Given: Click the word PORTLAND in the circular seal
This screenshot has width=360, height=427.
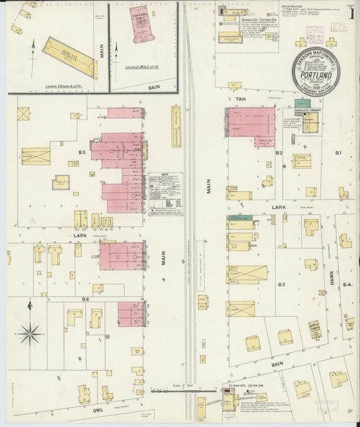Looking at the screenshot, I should (x=315, y=76).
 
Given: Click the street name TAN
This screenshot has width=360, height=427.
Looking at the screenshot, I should (x=240, y=99).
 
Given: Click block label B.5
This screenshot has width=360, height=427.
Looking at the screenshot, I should (x=82, y=153).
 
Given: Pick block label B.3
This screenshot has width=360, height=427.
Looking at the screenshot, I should (x=282, y=285).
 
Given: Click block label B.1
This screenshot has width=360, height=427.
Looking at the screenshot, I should (x=339, y=153).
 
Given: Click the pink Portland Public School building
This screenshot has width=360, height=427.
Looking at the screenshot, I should (x=143, y=24).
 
